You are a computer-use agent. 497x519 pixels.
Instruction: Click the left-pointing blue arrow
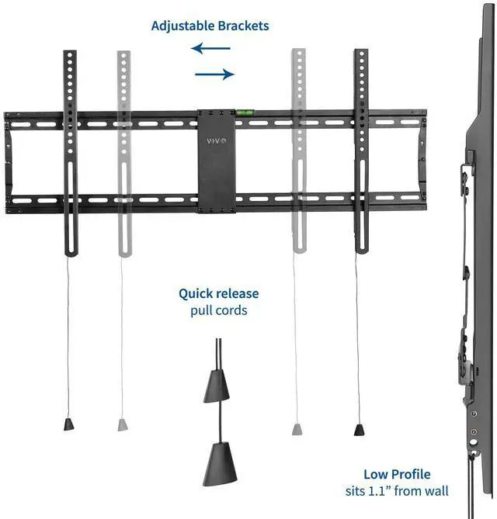tap(212, 49)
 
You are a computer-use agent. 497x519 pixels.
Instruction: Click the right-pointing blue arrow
tap(214, 74)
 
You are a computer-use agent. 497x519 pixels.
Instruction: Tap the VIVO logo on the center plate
tap(215, 140)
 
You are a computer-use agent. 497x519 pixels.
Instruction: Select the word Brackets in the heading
tap(242, 26)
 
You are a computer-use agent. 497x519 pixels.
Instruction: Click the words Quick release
tap(219, 294)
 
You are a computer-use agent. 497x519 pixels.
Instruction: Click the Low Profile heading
tap(397, 474)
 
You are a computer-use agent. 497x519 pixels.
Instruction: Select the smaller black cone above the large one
tap(217, 386)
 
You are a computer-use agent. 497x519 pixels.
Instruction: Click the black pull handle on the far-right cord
tap(359, 428)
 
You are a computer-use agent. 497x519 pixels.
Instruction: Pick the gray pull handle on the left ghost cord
tap(122, 424)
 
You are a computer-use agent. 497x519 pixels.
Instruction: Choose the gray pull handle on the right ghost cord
tap(297, 428)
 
